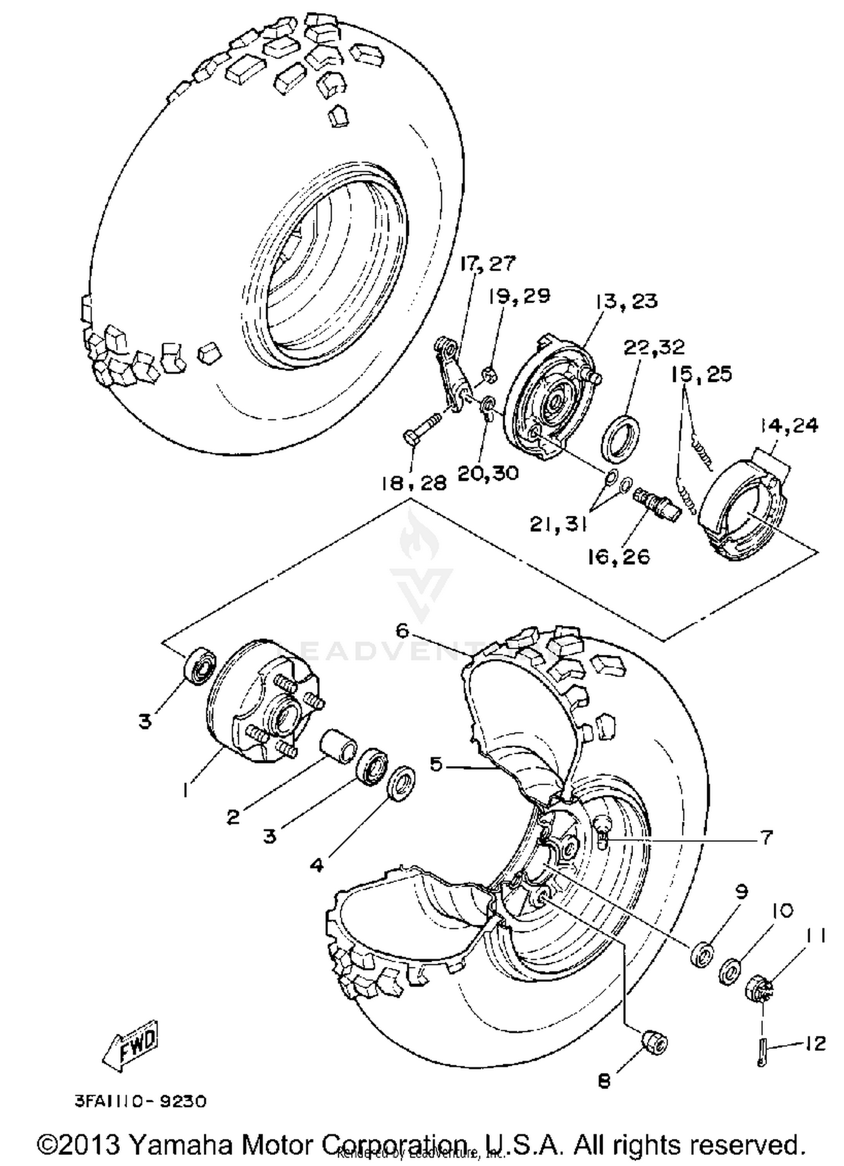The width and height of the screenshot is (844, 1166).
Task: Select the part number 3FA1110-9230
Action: pos(141,1101)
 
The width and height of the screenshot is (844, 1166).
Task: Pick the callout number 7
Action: pos(766,838)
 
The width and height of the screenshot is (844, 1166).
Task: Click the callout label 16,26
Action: pos(618,557)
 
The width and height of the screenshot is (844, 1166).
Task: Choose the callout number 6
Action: pos(402,631)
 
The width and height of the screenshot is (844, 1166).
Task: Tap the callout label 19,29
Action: pos(519,296)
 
